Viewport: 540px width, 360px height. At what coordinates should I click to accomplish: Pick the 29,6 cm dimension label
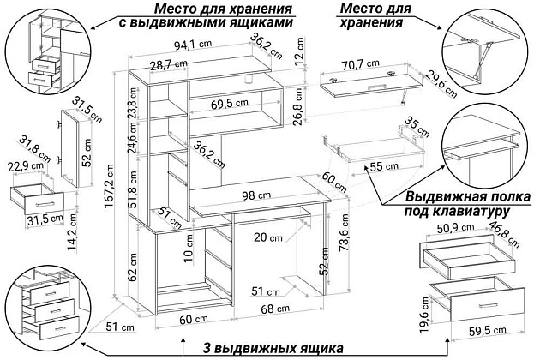440,84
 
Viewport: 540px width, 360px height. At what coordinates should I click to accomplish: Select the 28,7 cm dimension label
167,65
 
